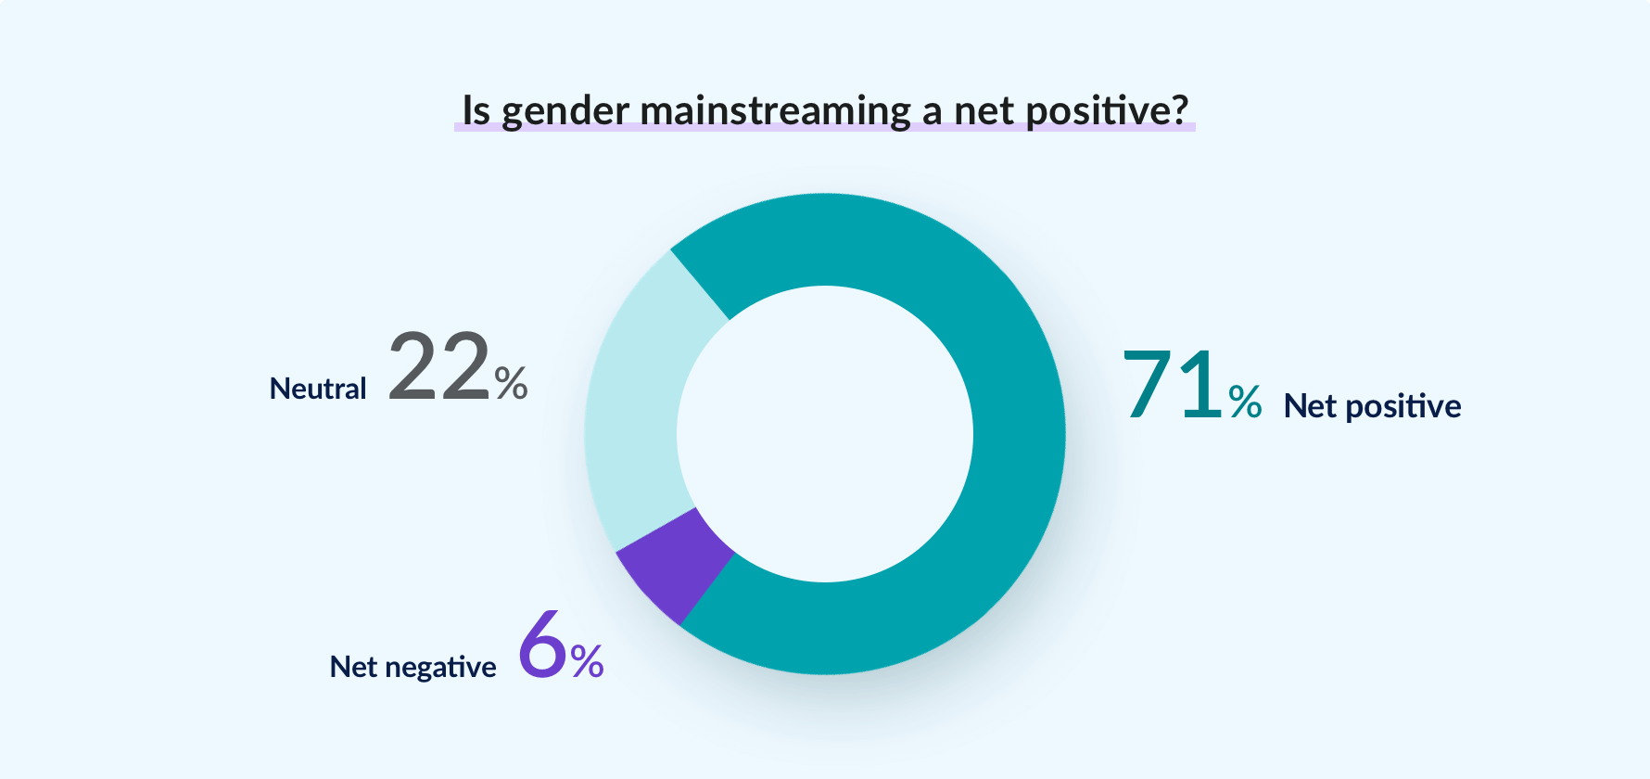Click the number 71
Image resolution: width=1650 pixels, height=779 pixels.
coord(1173,385)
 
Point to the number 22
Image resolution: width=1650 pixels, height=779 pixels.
coord(438,367)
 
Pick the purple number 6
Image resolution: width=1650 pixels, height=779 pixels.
coord(542,645)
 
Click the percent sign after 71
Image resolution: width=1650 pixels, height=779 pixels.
coord(1245,402)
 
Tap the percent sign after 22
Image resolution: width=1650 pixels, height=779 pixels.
coord(511,382)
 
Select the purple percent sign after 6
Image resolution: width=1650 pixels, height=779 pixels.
coord(587,661)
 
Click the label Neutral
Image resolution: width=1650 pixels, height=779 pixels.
coord(318,389)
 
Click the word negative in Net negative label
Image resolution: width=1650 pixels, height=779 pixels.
coord(440,668)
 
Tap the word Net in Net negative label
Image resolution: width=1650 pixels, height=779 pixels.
coord(353,667)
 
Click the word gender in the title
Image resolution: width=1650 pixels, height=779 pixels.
coord(565,111)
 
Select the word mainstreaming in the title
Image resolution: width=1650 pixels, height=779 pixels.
coord(776,111)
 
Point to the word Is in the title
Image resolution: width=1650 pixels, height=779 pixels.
coord(476,110)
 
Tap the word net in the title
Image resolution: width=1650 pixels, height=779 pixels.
coord(984,111)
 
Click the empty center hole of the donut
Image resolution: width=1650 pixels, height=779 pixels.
coord(825,434)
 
